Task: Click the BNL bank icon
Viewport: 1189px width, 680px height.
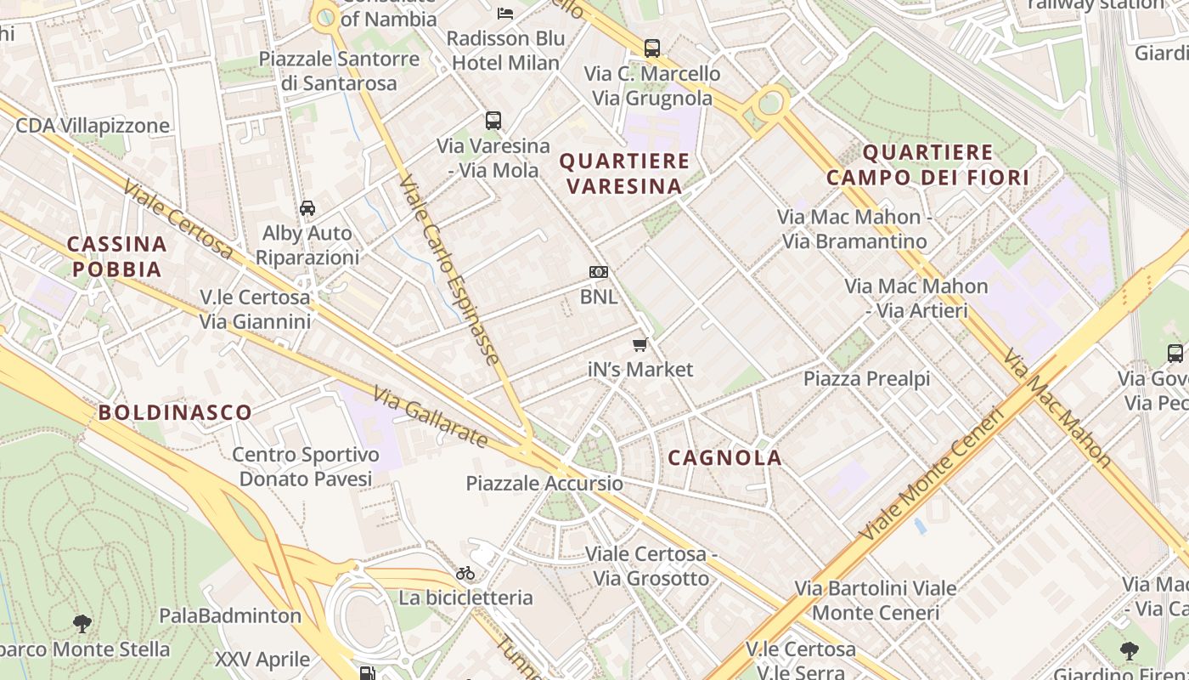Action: click(x=599, y=272)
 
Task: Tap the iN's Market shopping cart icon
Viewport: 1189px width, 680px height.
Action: click(x=640, y=344)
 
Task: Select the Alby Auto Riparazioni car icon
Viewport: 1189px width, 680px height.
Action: click(x=307, y=208)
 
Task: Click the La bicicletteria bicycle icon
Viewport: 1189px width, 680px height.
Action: click(x=465, y=573)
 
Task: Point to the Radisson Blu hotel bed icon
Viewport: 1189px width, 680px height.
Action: click(x=505, y=14)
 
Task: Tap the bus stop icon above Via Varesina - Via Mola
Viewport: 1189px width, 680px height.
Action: click(x=493, y=121)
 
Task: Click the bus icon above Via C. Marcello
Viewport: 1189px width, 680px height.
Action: click(x=651, y=48)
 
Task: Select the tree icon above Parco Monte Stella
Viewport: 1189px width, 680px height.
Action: click(x=82, y=624)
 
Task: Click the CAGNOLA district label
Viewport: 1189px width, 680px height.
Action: click(x=724, y=457)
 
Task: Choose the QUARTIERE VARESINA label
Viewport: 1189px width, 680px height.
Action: click(x=624, y=173)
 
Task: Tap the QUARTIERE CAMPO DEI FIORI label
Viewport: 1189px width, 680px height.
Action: click(x=927, y=165)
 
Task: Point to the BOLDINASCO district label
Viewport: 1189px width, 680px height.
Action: click(x=175, y=413)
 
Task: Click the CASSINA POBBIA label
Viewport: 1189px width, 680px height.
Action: click(x=116, y=257)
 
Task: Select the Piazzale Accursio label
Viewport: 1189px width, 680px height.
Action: click(x=544, y=484)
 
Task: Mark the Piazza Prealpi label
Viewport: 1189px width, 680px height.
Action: click(x=866, y=379)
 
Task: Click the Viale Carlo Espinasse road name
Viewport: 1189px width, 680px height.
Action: click(x=449, y=270)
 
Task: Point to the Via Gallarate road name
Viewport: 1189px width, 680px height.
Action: click(x=431, y=416)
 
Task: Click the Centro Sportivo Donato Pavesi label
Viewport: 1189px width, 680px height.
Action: click(x=306, y=467)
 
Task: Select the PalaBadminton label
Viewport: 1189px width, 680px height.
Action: click(x=230, y=615)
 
